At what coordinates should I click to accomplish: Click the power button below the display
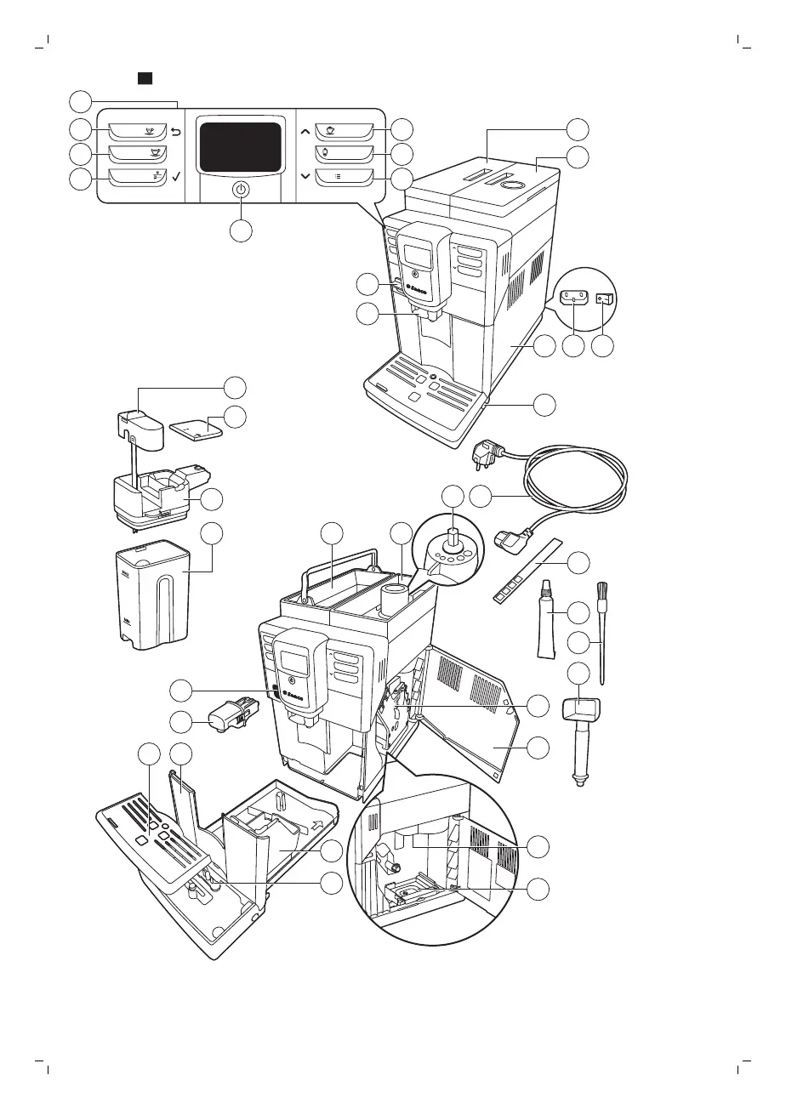click(x=242, y=191)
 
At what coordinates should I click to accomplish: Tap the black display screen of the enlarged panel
click(x=239, y=147)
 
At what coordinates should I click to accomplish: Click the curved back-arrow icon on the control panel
click(x=176, y=131)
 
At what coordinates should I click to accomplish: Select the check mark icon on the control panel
click(x=176, y=178)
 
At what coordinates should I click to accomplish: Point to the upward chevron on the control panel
click(x=305, y=132)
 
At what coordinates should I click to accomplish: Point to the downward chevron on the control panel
click(x=305, y=176)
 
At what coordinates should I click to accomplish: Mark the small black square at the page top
click(x=145, y=78)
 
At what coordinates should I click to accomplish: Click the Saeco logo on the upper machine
click(x=415, y=289)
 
